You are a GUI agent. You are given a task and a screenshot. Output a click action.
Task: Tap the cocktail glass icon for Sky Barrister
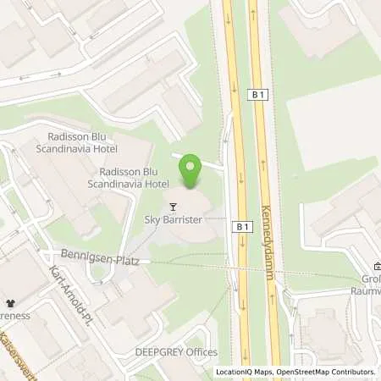click(x=174, y=206)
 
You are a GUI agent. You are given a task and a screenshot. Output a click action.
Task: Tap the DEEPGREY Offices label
click(x=176, y=352)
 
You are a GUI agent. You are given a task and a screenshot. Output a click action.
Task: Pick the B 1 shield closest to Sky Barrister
click(x=244, y=226)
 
